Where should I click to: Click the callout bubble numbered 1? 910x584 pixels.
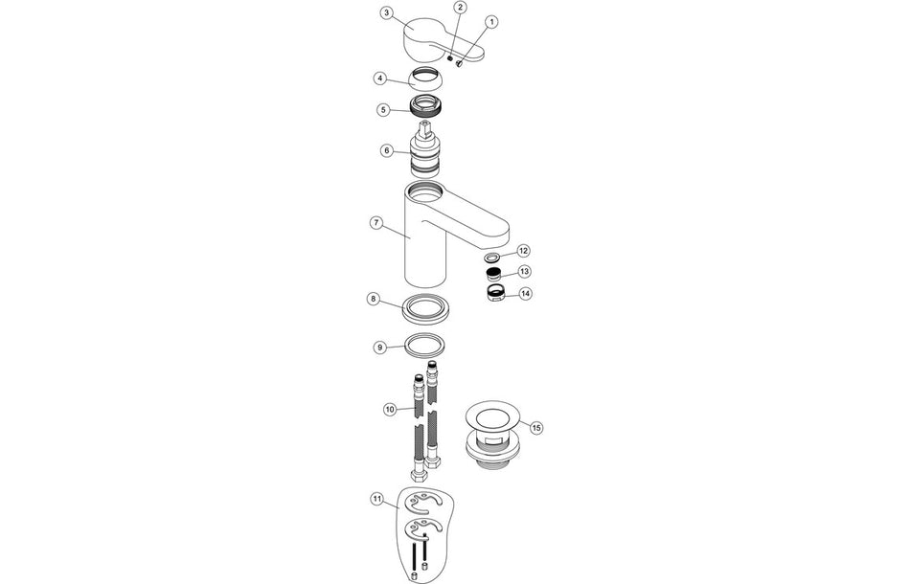pos(491,21)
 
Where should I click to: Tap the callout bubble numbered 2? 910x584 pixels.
pos(460,8)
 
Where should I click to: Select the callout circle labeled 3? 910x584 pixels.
pos(385,12)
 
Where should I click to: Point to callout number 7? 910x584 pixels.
pos(376,222)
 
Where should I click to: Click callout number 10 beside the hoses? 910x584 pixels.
pos(390,409)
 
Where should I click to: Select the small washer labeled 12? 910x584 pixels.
pos(491,258)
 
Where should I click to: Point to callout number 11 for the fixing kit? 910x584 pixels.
pos(376,499)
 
